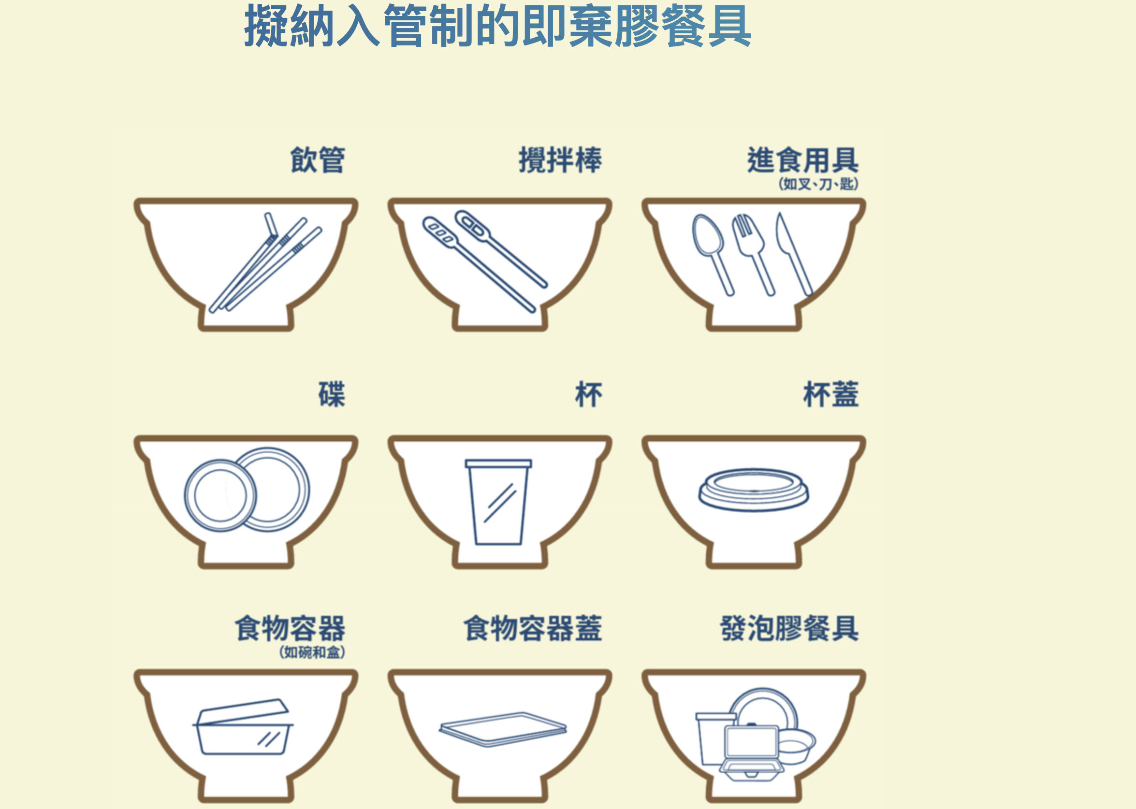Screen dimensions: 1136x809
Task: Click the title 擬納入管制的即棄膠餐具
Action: point(497,26)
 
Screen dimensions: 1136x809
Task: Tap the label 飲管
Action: point(318,160)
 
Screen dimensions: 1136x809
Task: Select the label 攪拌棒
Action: point(560,160)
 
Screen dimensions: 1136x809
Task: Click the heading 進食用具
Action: point(802,160)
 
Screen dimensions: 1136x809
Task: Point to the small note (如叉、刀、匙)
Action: point(818,184)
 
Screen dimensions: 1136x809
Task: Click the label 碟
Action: point(332,394)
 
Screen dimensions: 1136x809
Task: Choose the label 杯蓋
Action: point(831,394)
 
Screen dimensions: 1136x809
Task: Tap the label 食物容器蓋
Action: point(533,628)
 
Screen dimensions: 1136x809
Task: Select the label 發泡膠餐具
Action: point(789,628)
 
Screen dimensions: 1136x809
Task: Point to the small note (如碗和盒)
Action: point(312,652)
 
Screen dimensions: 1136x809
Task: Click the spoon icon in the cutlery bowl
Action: point(713,255)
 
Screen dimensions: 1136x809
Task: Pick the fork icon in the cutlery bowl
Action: point(753,255)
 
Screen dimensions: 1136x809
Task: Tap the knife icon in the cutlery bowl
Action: point(794,254)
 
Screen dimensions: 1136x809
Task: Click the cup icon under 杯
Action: point(498,502)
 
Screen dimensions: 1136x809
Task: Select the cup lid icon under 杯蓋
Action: point(753,490)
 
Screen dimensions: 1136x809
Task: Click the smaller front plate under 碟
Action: point(221,496)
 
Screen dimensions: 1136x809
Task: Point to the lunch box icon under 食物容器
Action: point(243,727)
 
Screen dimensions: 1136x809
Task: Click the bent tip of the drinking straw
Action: point(271,224)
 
